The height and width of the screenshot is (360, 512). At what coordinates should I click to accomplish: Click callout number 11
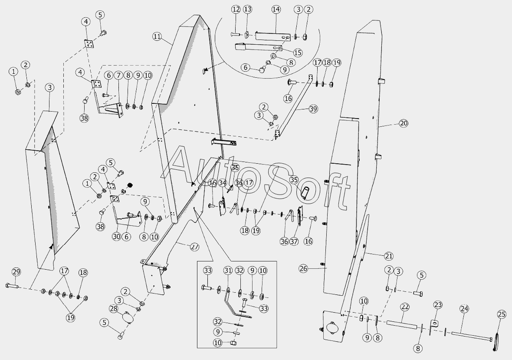[157, 36]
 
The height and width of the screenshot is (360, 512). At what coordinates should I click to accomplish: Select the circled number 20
[404, 123]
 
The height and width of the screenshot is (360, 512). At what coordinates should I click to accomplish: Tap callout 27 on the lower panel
[194, 247]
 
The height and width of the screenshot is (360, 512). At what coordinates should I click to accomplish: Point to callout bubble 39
[313, 109]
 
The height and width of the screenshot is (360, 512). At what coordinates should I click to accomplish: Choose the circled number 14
[276, 9]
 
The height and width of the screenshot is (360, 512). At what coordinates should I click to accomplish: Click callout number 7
[118, 75]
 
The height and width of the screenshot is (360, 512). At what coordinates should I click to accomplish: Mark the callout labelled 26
[303, 268]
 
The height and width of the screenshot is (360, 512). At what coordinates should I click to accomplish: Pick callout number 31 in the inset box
[228, 271]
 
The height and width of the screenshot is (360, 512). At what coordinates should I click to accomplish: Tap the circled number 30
[116, 237]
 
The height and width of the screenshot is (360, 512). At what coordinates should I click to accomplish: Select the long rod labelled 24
[471, 334]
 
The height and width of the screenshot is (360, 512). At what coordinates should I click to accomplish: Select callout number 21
[388, 255]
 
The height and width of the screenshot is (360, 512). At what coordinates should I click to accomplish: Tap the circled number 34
[223, 183]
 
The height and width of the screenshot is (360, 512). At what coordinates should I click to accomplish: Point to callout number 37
[295, 241]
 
